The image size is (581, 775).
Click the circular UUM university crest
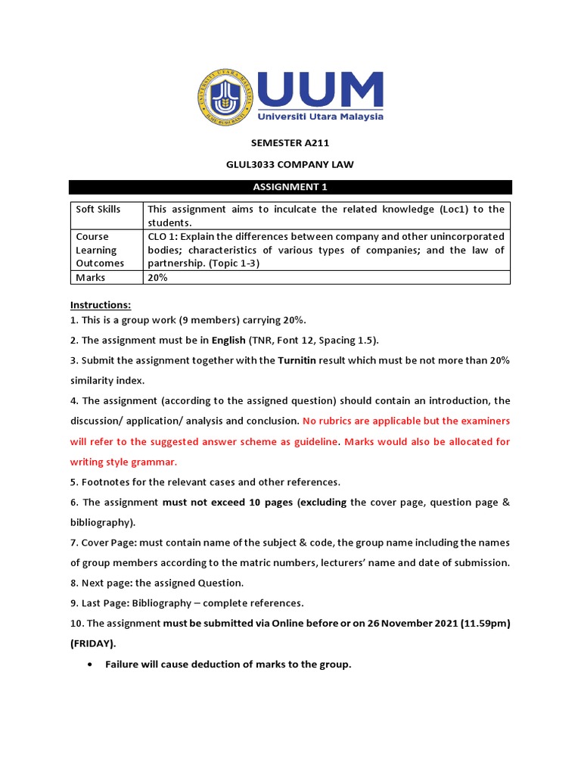(226, 98)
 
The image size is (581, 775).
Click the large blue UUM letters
(320, 90)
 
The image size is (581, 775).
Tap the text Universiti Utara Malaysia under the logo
(320, 117)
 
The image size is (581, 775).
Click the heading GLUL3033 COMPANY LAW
(290, 164)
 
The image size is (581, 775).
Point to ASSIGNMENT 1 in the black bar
(290, 187)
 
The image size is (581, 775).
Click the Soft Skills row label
(98, 209)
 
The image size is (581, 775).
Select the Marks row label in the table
(90, 278)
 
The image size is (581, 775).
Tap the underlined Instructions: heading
(101, 305)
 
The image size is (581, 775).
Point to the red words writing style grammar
(123, 462)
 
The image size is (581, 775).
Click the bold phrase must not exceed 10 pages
(228, 502)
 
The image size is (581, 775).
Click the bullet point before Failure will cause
(90, 665)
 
